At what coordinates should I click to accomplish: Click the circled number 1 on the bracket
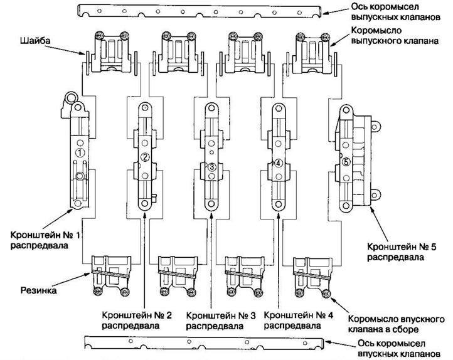pos(80,152)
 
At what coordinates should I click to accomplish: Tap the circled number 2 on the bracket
pos(144,157)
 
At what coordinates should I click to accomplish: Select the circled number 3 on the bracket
pos(212,167)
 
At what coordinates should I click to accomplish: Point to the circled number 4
pos(279,162)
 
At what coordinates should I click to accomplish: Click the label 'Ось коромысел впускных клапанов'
pos(393,349)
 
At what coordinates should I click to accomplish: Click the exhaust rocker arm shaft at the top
pos(200,11)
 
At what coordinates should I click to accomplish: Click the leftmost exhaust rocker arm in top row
pos(110,53)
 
